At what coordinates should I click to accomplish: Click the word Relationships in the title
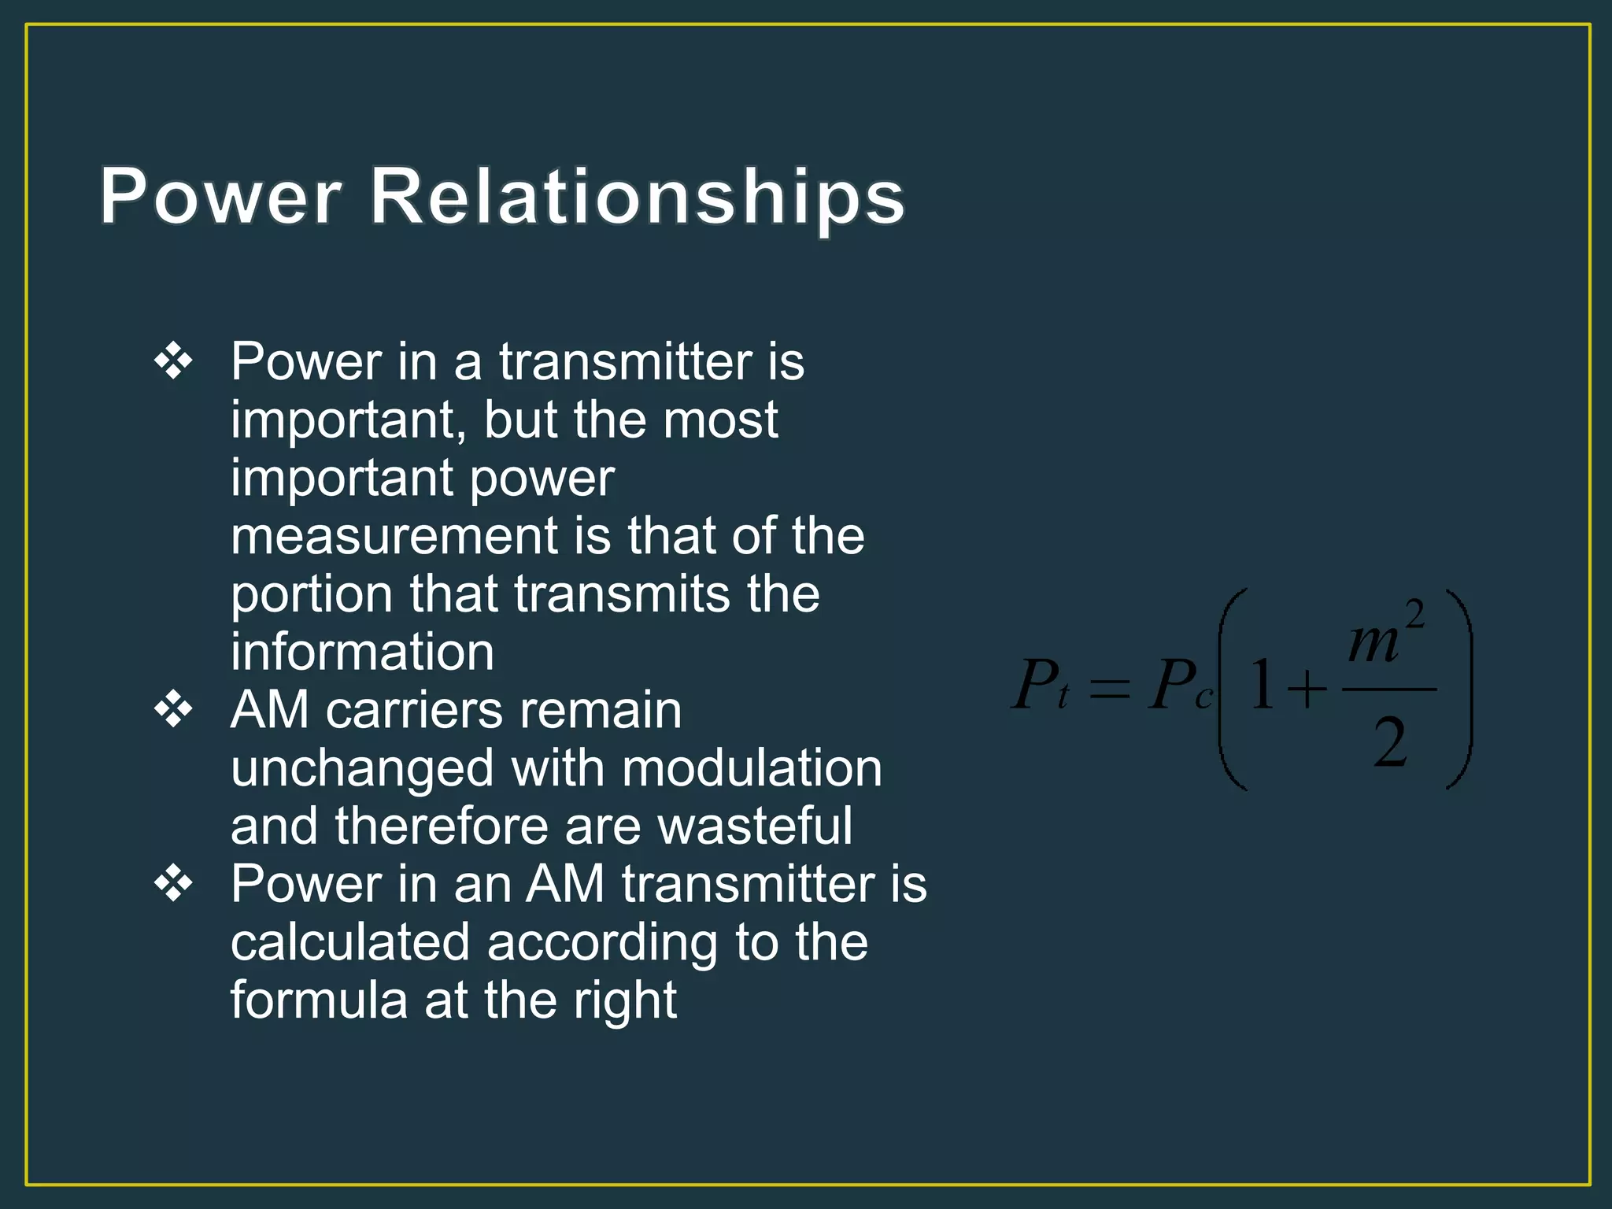(638, 197)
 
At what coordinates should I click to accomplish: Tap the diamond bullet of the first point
(173, 362)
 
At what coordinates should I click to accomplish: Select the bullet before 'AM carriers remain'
(173, 710)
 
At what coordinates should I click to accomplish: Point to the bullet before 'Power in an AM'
(173, 884)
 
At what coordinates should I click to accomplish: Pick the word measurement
(394, 537)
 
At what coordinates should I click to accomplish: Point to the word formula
(318, 1000)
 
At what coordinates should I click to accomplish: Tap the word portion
(312, 594)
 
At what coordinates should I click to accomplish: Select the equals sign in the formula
(1110, 690)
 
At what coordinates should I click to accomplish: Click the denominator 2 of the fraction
(1390, 743)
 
